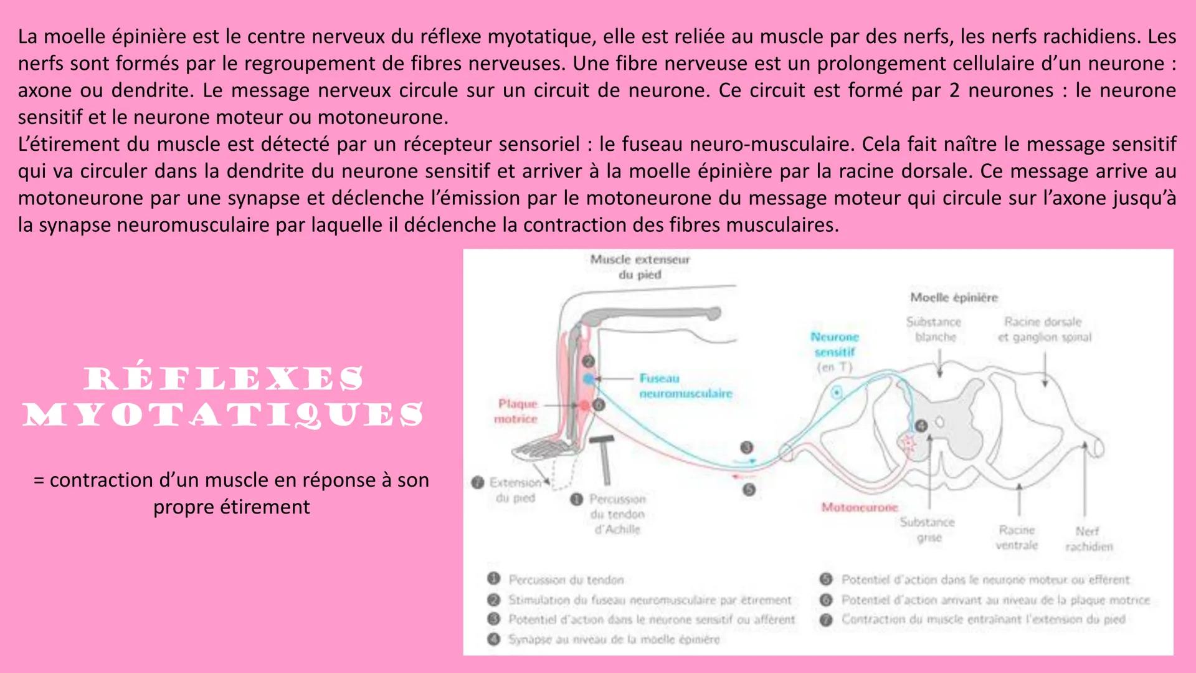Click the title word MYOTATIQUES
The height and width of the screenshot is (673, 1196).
click(x=224, y=414)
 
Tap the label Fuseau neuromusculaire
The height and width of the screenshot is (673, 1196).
click(x=685, y=386)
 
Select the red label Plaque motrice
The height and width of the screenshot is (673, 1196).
click(x=516, y=411)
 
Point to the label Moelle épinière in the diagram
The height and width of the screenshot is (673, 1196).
click(x=954, y=298)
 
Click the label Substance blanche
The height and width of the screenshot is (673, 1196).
click(x=934, y=329)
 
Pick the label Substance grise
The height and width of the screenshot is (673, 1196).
click(x=927, y=530)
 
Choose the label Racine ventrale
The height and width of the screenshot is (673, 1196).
click(x=1017, y=537)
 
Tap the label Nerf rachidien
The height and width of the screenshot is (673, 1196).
click(x=1088, y=539)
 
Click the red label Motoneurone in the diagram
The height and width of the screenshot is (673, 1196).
click(x=860, y=508)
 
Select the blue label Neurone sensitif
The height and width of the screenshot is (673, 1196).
click(x=835, y=345)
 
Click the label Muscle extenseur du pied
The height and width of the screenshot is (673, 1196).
click(x=640, y=267)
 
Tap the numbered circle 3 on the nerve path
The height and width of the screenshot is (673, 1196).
click(x=746, y=447)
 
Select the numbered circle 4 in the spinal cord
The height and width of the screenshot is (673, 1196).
click(x=921, y=426)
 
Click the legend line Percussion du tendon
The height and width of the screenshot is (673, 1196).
click(x=566, y=580)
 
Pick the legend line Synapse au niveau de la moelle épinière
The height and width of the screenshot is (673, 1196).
click(x=614, y=639)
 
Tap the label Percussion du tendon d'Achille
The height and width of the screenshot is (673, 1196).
click(x=617, y=515)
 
